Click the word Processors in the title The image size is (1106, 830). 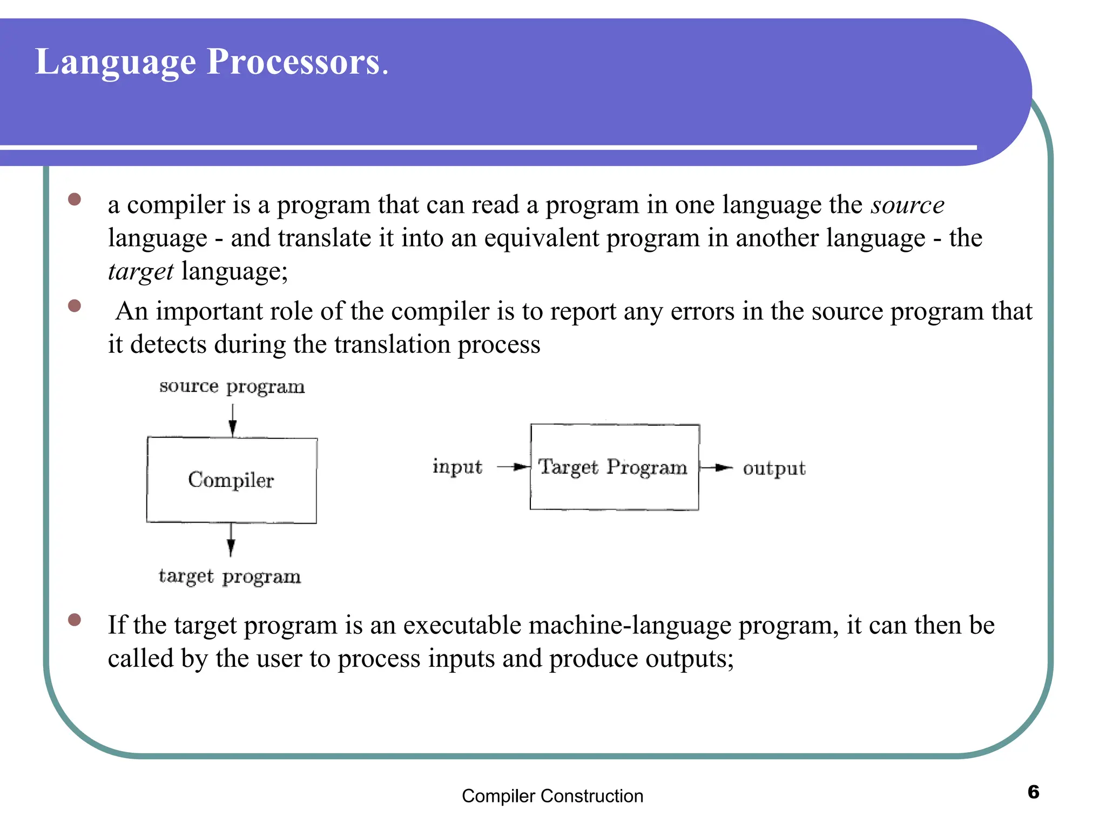(294, 62)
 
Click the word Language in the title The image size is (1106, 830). (115, 62)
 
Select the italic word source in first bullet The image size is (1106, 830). (907, 205)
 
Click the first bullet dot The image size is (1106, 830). (75, 199)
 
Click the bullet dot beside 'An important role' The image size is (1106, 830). (75, 306)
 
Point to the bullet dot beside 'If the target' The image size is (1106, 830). (75, 620)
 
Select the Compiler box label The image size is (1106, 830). (231, 480)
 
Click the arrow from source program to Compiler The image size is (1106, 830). (233, 420)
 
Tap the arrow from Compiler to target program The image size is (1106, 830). (231, 540)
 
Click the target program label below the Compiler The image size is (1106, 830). (230, 577)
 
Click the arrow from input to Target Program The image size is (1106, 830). (513, 467)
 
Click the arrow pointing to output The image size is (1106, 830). (717, 467)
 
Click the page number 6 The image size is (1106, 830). (1033, 792)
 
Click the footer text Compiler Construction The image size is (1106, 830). (552, 796)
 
